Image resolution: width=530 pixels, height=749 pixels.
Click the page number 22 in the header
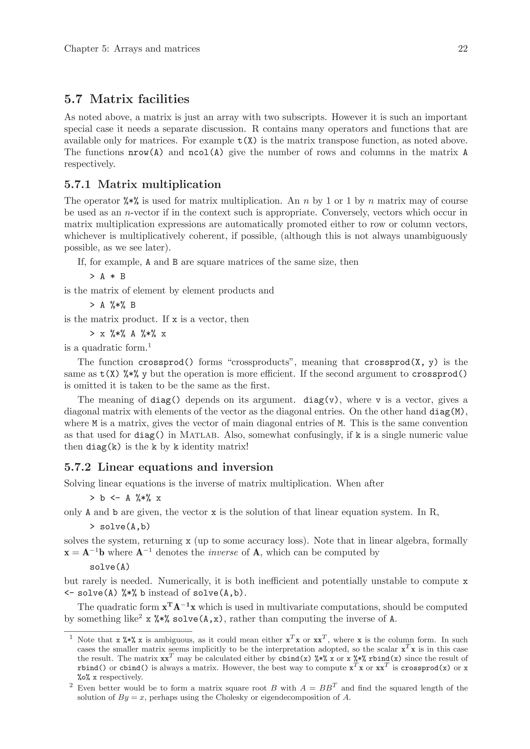(x=462, y=49)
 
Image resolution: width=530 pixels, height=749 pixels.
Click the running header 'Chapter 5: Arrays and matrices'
(x=132, y=49)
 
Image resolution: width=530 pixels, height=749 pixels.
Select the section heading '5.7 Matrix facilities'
(x=127, y=99)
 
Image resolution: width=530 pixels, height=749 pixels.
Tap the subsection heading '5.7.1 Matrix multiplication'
(x=143, y=184)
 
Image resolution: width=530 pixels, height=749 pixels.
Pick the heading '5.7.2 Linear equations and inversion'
(x=169, y=467)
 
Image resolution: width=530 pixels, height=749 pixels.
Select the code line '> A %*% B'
(x=113, y=305)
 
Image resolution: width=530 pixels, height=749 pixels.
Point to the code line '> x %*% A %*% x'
(x=128, y=334)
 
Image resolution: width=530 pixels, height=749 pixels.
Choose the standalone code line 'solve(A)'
(x=110, y=567)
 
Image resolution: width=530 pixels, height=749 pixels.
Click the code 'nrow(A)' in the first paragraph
(x=145, y=152)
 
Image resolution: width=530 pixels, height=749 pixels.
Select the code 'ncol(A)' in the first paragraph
(x=206, y=152)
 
